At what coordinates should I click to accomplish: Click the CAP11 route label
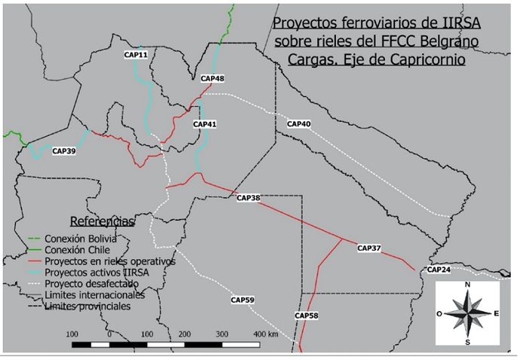click(x=136, y=55)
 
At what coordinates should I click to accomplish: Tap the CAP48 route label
click(x=213, y=78)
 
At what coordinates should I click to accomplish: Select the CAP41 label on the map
click(x=204, y=124)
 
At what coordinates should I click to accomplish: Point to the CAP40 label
click(x=298, y=124)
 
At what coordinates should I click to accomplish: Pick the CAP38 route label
click(x=248, y=198)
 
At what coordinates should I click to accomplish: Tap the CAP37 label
click(x=369, y=248)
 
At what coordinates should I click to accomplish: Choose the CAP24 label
click(x=438, y=270)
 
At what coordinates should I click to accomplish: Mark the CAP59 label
click(x=243, y=301)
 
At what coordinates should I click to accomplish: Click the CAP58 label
click(x=307, y=316)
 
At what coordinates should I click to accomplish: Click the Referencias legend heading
click(x=102, y=221)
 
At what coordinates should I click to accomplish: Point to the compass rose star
click(x=467, y=313)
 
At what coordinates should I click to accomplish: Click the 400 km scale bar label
click(x=266, y=333)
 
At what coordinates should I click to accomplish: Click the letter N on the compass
click(x=468, y=284)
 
